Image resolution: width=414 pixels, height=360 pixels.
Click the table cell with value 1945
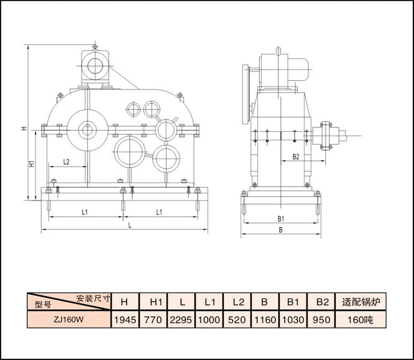(x=125, y=320)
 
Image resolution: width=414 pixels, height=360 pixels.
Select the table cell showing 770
(x=153, y=320)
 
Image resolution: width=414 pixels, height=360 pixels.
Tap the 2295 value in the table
(x=181, y=320)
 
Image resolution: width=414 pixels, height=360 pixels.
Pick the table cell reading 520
(x=237, y=320)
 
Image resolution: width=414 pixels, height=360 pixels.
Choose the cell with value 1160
(x=265, y=320)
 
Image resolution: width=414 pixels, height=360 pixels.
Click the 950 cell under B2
(x=321, y=320)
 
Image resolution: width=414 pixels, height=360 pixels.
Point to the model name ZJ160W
(x=68, y=320)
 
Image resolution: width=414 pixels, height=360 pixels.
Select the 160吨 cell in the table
(x=361, y=320)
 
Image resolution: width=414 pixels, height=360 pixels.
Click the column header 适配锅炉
(x=361, y=302)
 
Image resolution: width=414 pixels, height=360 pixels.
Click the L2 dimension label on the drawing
(x=67, y=162)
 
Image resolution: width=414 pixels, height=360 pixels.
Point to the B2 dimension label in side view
(x=296, y=157)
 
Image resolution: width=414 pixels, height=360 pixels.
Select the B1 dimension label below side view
(x=281, y=219)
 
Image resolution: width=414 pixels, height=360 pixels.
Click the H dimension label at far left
(x=24, y=128)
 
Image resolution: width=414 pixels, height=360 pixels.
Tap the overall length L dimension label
(x=130, y=225)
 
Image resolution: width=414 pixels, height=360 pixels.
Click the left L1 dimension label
(x=85, y=212)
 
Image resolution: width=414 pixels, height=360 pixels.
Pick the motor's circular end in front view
(x=95, y=66)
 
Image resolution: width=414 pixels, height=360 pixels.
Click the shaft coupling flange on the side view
(x=326, y=136)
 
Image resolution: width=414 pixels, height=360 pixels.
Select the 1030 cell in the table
(x=293, y=320)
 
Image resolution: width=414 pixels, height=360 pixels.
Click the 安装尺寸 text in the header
(x=93, y=298)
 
